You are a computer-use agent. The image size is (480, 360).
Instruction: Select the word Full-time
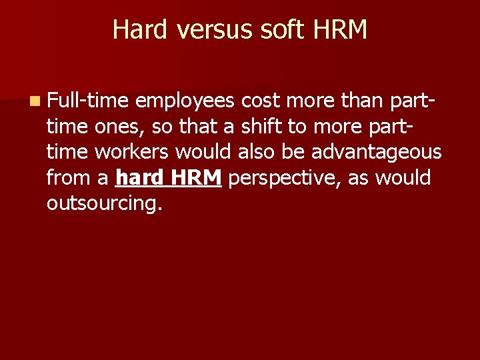[x=89, y=101]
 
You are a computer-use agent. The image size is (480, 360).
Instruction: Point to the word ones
[x=110, y=126]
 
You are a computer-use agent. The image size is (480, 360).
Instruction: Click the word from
[x=69, y=177]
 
